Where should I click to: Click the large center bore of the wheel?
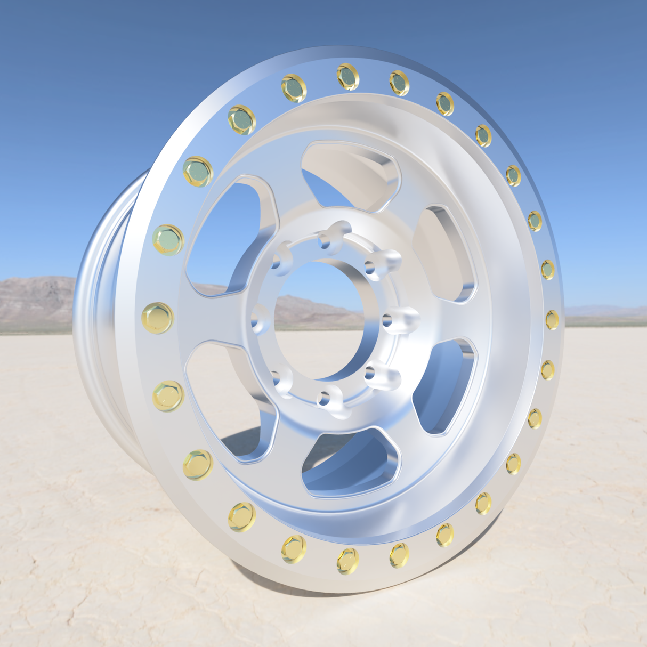[320, 320]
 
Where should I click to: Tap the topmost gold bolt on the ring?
[347, 77]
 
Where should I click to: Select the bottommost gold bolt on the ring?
[347, 561]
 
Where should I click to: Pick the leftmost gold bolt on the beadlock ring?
[158, 318]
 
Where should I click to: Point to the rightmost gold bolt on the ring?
[552, 320]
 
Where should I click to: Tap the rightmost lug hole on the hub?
[388, 321]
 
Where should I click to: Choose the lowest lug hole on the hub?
[324, 398]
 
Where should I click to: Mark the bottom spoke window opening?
[349, 464]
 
